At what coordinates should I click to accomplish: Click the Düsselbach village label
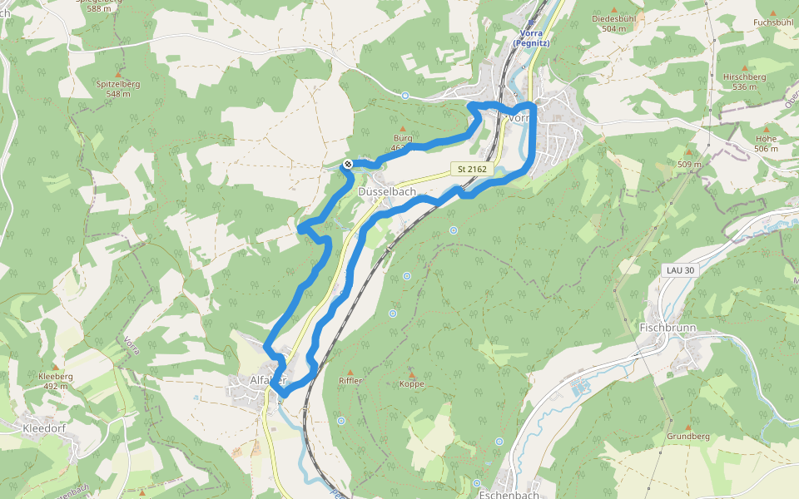click(x=387, y=191)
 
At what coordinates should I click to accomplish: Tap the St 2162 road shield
click(x=473, y=169)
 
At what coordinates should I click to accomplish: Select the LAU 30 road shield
click(x=679, y=270)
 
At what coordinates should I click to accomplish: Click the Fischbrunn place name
click(x=667, y=328)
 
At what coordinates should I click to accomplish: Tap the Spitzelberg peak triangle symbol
click(x=117, y=74)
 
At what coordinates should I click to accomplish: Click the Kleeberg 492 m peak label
click(x=56, y=381)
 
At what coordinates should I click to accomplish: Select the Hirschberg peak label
click(x=744, y=82)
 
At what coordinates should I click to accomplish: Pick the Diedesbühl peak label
click(x=613, y=22)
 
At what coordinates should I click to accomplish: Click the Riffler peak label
click(x=350, y=381)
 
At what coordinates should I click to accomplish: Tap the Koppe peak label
click(x=411, y=384)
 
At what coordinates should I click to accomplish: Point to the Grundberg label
click(x=687, y=436)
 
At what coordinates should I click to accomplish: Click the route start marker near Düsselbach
click(x=347, y=165)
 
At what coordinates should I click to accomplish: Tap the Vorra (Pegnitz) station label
click(x=530, y=37)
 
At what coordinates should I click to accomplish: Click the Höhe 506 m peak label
click(x=766, y=143)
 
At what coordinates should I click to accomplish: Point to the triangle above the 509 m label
click(x=688, y=153)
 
